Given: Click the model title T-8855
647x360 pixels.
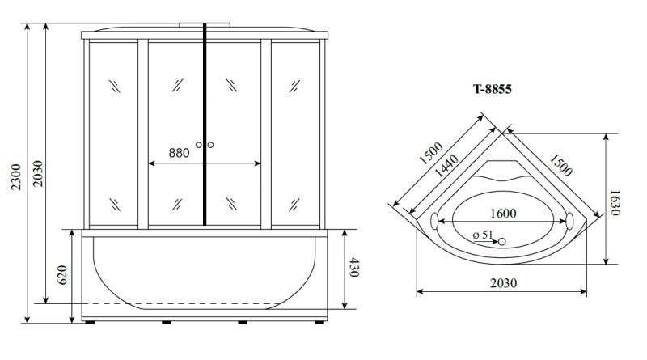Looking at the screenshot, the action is pyautogui.click(x=492, y=89).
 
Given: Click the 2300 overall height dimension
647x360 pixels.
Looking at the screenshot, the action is pyautogui.click(x=16, y=176).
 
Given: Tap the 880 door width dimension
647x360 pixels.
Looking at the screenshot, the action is pyautogui.click(x=179, y=153).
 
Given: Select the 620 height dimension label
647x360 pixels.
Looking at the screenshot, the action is pyautogui.click(x=62, y=275).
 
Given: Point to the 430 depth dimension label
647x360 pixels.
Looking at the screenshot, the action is pyautogui.click(x=354, y=268).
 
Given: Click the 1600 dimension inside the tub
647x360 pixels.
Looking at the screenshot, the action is pyautogui.click(x=503, y=214).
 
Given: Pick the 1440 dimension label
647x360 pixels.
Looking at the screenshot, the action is pyautogui.click(x=446, y=166).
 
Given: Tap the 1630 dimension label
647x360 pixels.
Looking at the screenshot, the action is pyautogui.click(x=615, y=202).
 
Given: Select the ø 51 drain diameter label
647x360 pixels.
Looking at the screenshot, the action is pyautogui.click(x=483, y=235).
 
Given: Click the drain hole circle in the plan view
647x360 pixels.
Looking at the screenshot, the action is pyautogui.click(x=501, y=242).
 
